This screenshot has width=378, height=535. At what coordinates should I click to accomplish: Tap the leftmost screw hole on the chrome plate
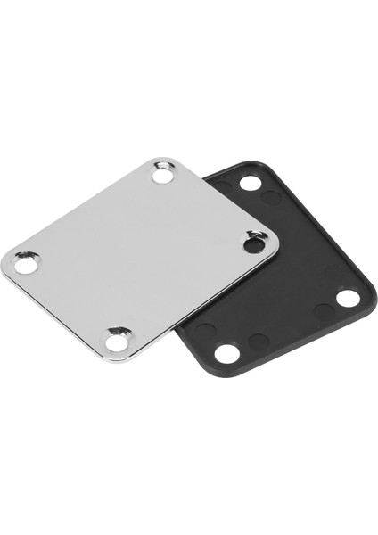pos(27,263)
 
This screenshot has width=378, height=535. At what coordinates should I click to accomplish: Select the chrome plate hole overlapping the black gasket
pos(254,241)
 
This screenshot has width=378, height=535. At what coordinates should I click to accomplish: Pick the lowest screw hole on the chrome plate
pos(117,339)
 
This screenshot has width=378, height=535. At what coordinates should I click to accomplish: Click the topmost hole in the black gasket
pos(251,183)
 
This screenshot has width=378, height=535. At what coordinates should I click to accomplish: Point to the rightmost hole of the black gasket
pos(348,297)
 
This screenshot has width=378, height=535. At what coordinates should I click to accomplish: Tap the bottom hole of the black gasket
pos(227,353)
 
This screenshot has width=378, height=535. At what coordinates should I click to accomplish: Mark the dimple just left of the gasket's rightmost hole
pos(325,311)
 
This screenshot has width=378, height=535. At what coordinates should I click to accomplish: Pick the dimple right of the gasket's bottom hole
pos(258,342)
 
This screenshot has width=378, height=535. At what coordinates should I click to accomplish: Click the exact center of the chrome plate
pos(140,257)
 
